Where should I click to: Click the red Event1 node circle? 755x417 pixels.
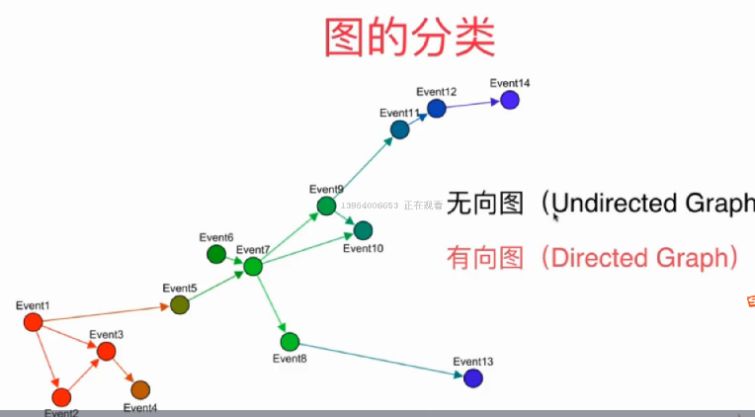coord(33,322)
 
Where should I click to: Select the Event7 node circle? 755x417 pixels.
coord(253,266)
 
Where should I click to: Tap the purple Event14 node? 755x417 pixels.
coord(510,100)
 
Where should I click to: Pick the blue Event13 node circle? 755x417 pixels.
coord(473,377)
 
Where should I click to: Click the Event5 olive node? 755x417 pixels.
coord(179,304)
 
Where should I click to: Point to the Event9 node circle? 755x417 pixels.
coord(326,206)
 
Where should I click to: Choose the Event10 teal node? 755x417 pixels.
coord(363,230)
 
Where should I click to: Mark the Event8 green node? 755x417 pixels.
coord(290,342)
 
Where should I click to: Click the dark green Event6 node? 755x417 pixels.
coord(216,254)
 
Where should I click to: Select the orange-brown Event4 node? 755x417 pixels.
coord(139,389)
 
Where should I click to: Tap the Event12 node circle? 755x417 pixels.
coord(437,109)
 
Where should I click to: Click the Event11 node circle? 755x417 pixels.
coord(399,129)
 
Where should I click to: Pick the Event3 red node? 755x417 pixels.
coord(107,351)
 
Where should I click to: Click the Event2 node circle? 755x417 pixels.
coord(61,397)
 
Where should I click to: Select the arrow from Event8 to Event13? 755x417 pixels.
coord(380,360)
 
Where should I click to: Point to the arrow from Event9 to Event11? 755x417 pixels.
coord(362,168)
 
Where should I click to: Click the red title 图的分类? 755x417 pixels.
coord(409,37)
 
